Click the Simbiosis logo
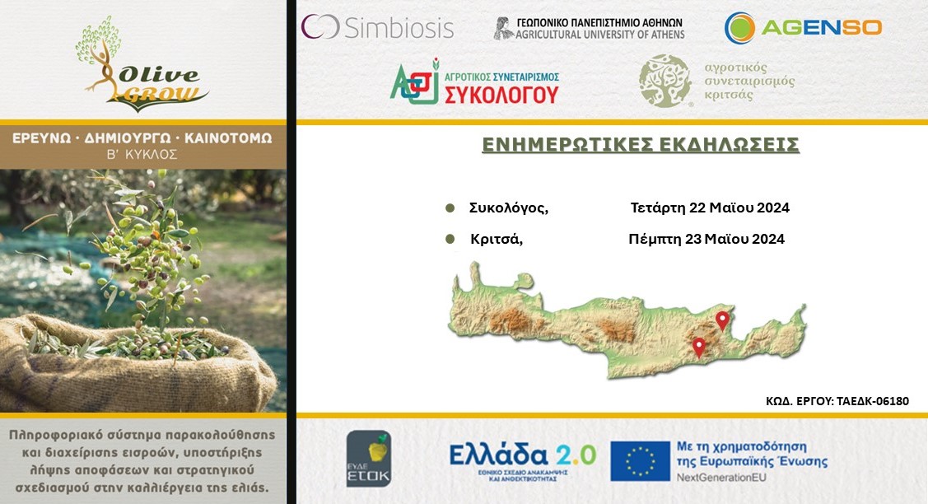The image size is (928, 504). click(x=377, y=27)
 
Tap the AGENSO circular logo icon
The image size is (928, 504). click(x=739, y=28)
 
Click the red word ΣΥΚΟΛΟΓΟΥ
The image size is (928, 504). click(x=501, y=95)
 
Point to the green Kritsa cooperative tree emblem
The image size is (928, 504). click(x=665, y=82)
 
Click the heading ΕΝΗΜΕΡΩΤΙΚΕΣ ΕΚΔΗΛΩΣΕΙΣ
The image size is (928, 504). click(x=641, y=145)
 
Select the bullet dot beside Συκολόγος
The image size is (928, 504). click(x=450, y=208)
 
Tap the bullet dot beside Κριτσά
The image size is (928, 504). click(x=450, y=240)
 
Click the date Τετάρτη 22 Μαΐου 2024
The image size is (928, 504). click(x=710, y=208)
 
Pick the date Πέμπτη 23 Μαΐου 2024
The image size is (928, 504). click(x=706, y=240)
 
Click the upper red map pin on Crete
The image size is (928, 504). click(x=722, y=320)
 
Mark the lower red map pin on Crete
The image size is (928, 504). click(x=699, y=347)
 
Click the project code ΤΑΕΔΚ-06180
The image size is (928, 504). click(x=872, y=402)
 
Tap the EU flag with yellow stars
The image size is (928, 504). click(x=640, y=461)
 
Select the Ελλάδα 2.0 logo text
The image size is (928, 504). click(x=522, y=455)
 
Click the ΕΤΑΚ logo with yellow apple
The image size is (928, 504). click(x=369, y=459)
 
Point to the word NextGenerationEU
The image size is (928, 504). click(x=721, y=478)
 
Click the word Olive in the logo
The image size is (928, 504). click(x=159, y=75)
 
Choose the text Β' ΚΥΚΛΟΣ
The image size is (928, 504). click(x=142, y=155)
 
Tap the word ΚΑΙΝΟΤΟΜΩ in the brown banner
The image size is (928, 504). click(x=228, y=138)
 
